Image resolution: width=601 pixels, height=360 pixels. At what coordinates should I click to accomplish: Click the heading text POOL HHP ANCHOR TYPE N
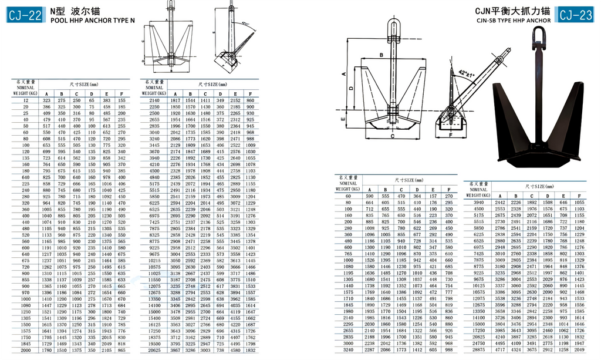click(x=92, y=20)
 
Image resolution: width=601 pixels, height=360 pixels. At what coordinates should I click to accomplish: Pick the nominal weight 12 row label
click(x=26, y=100)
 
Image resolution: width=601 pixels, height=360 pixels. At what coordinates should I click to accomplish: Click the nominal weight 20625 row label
click(x=154, y=350)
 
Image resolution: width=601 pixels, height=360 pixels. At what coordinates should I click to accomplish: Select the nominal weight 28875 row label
click(x=478, y=350)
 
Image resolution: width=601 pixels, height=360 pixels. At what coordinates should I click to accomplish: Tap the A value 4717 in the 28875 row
click(x=499, y=350)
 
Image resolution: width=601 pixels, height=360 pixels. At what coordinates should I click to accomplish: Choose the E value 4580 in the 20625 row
click(x=235, y=350)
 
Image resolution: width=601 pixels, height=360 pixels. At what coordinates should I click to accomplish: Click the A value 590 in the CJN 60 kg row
click(x=370, y=196)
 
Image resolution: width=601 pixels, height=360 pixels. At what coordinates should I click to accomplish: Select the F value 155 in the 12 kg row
click(x=121, y=100)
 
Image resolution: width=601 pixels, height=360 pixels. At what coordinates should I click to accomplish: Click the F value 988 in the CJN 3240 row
click(x=448, y=350)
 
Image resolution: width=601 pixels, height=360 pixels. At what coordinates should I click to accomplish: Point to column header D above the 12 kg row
click(x=92, y=93)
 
